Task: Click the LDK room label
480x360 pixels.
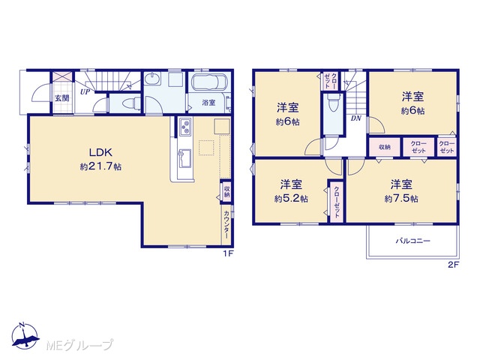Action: click(100, 152)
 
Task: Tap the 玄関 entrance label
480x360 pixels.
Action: click(62, 98)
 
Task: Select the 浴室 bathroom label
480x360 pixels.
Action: click(208, 103)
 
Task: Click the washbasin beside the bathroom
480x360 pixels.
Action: click(152, 80)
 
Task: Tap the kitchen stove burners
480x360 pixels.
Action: click(185, 127)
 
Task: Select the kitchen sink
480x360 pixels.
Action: click(185, 158)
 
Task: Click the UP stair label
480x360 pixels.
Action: click(85, 91)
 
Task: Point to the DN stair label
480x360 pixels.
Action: click(356, 118)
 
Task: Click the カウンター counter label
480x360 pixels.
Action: click(226, 225)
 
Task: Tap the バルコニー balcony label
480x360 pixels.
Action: click(413, 241)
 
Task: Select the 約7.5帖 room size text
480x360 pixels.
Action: click(401, 199)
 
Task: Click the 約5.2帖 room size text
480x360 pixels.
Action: click(291, 199)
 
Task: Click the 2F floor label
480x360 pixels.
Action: click(454, 265)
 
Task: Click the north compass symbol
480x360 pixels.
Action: click(25, 336)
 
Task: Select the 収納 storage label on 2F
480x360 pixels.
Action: click(385, 147)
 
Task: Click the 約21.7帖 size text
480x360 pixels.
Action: click(100, 166)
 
